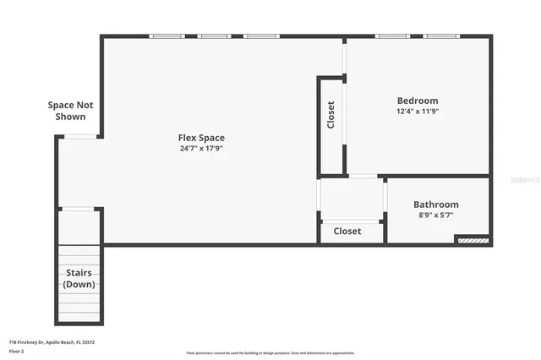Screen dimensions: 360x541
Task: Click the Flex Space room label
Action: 201,138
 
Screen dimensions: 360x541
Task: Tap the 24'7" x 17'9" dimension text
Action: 201,149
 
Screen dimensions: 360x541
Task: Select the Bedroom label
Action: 418,101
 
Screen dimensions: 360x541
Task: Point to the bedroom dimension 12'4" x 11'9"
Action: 418,112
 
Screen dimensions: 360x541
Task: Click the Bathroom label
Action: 435,205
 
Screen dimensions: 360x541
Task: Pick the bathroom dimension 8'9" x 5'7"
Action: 435,215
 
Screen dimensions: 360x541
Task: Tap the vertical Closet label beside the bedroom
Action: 331,116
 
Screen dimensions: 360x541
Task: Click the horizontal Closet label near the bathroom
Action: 347,231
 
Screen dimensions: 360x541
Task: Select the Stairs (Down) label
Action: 79,278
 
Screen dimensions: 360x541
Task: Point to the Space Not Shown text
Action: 70,111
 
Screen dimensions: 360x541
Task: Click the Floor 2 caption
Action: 18,349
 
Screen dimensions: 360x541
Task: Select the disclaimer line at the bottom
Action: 270,353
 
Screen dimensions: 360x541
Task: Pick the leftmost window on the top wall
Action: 167,36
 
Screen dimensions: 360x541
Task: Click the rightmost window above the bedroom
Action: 440,36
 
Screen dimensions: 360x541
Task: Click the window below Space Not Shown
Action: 81,136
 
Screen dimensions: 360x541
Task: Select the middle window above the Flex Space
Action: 214,36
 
